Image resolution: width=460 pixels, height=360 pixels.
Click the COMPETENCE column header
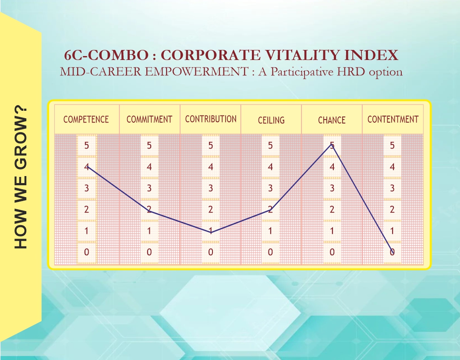coord(86,119)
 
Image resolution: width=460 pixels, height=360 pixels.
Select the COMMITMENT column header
coord(149,119)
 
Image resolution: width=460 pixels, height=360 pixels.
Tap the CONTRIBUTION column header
coord(211,119)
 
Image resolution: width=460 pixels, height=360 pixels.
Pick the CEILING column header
coord(271,120)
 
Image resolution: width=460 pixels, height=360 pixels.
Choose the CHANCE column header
coord(332,120)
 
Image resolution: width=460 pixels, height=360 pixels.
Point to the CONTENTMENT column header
coord(393,119)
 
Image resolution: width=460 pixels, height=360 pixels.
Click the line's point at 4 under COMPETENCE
coord(87,166)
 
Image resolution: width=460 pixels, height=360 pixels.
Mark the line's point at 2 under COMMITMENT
coord(149,211)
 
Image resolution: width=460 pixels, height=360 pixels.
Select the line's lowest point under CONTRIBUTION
coord(211,232)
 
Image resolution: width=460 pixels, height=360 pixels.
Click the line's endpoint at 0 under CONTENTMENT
coord(393,252)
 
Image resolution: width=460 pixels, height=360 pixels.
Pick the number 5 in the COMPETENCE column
coord(87,145)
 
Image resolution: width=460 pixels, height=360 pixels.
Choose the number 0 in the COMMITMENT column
coord(149,252)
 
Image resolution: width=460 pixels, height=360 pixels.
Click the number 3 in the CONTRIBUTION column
coord(211,188)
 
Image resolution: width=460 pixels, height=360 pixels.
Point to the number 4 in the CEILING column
coord(270,167)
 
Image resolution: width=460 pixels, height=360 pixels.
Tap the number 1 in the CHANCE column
coord(332,231)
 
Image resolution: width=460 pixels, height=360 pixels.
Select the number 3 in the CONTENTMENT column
coord(392,188)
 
